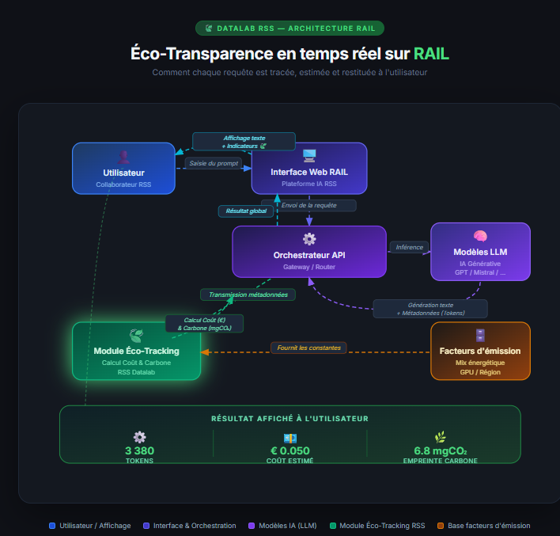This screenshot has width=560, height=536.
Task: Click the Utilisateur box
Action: coord(123,168)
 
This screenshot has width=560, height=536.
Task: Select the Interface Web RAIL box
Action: coord(309,168)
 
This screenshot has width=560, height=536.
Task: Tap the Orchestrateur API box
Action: coord(309,252)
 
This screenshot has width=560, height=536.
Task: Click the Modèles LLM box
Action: coord(480,251)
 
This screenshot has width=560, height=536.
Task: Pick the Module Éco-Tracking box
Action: coord(136,352)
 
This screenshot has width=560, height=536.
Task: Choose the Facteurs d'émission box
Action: coord(480,351)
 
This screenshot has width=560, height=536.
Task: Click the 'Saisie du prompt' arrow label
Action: coord(214,163)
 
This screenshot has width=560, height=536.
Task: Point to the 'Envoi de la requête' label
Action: coord(308,205)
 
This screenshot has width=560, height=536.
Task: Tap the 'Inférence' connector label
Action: coord(409,247)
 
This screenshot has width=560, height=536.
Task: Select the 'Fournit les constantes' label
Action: coord(308,348)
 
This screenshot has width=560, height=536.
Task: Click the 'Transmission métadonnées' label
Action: coord(248,295)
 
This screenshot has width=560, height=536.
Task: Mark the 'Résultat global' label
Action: coord(245,211)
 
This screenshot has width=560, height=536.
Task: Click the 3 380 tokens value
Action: coord(139,451)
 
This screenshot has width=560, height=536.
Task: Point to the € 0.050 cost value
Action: coord(289,451)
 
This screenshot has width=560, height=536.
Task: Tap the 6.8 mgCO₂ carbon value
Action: coord(440,451)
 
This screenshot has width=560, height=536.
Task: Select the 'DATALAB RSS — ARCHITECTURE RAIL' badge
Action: coord(289,29)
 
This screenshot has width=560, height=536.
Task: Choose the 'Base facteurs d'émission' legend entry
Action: coord(483,526)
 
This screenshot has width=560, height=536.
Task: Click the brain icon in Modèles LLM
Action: coord(480,235)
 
